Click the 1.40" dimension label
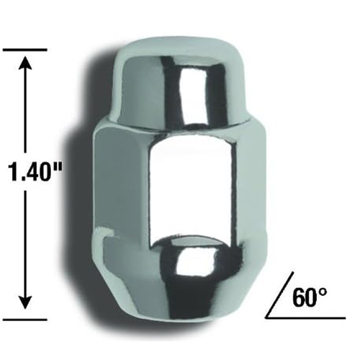pyautogui.click(x=35, y=171)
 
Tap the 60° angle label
pyautogui.click(x=310, y=298)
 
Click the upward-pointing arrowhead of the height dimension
pyautogui.click(x=25, y=62)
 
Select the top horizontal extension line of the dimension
pyautogui.click(x=25, y=50)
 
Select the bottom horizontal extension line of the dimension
pyautogui.click(x=25, y=320)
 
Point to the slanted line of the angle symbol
pyautogui.click(x=280, y=295)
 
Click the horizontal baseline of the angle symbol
pyautogui.click(x=305, y=318)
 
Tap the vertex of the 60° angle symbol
pyautogui.click(x=266, y=318)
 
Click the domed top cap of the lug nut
pyautogui.click(x=171, y=81)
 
